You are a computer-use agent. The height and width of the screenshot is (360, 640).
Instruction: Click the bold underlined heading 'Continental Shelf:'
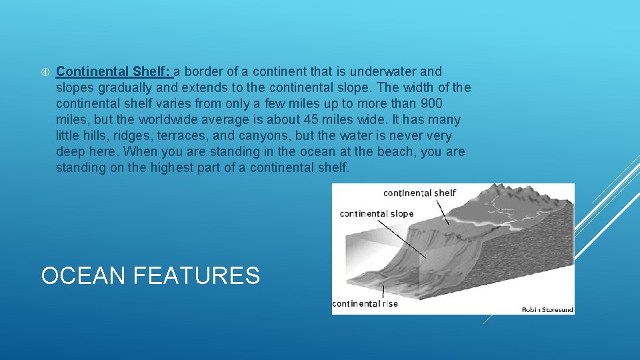(114, 71)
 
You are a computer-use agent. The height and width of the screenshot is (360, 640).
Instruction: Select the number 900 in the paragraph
(430, 104)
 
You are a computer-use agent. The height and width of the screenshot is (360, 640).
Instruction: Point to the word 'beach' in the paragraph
(394, 152)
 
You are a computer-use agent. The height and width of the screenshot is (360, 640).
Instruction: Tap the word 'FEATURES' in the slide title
(197, 275)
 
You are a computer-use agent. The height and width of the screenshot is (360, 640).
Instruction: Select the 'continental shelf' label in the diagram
(419, 193)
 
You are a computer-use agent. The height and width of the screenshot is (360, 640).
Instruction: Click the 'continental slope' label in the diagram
(377, 214)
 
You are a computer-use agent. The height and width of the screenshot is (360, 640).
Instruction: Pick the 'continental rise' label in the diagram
(365, 303)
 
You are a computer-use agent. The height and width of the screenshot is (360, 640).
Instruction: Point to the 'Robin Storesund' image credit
(547, 309)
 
